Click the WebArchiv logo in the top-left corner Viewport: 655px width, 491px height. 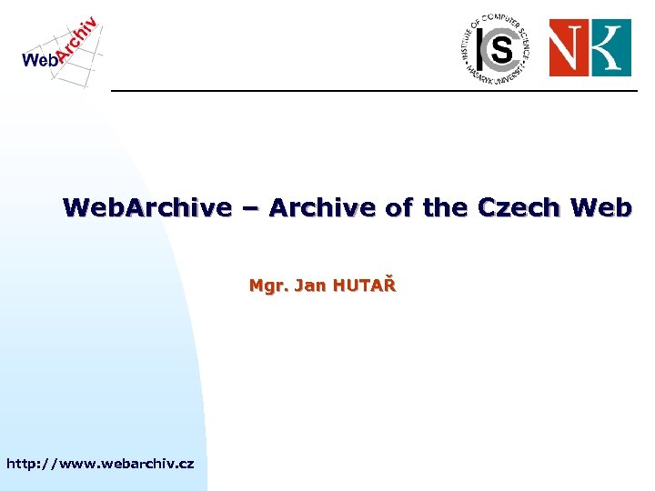[x=60, y=51]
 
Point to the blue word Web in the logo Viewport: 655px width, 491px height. [x=39, y=60]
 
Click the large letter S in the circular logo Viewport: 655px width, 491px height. [x=500, y=51]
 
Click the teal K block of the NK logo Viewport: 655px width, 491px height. [x=610, y=48]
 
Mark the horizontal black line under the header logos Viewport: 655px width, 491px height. [x=373, y=91]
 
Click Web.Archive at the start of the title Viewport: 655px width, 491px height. [x=147, y=208]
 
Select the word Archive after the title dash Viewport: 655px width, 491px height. [x=324, y=208]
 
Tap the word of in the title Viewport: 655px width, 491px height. [x=398, y=208]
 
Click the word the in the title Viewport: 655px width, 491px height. [x=446, y=208]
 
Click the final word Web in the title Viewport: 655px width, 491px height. [x=600, y=208]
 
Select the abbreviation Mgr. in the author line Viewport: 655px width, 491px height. [x=267, y=287]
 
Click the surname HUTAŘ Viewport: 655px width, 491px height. [x=365, y=286]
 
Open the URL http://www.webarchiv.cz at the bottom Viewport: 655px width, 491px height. [x=100, y=464]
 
